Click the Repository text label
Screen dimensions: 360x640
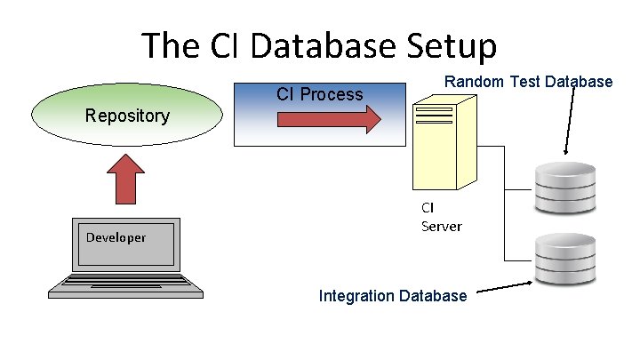click(x=127, y=116)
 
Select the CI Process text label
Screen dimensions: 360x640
click(x=319, y=94)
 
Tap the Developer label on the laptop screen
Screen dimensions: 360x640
click(x=116, y=237)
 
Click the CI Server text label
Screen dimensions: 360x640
click(x=441, y=217)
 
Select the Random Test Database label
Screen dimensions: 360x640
click(x=528, y=82)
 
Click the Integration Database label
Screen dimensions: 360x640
click(x=392, y=295)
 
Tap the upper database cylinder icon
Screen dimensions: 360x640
click(x=564, y=188)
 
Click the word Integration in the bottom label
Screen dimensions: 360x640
click(x=357, y=295)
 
